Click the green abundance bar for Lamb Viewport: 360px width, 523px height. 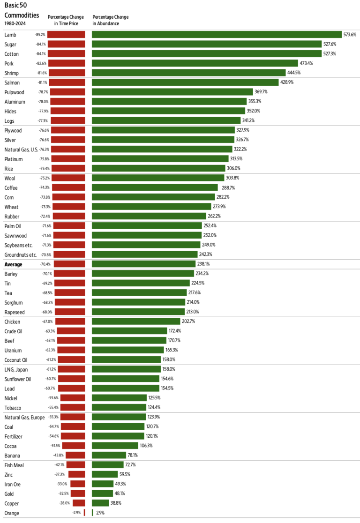click(217, 35)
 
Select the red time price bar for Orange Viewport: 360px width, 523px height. click(84, 513)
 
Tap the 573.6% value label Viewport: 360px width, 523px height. click(350, 35)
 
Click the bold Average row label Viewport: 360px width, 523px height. click(13, 264)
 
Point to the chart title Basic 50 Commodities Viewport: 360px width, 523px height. click(22, 10)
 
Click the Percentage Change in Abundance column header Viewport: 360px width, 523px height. click(111, 20)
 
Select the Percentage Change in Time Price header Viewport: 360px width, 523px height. click(66, 20)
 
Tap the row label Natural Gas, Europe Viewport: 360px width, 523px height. click(27, 417)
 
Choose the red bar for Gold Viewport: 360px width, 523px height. click(77, 494)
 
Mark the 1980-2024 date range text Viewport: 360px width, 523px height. click(15, 23)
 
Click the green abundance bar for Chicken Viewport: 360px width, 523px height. click(136, 321)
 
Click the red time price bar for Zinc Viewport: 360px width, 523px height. click(76, 475)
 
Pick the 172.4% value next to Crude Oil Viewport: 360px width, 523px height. click(175, 331)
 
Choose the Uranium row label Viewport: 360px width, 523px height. click(13, 350)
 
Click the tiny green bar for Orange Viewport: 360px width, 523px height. click(93, 513)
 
